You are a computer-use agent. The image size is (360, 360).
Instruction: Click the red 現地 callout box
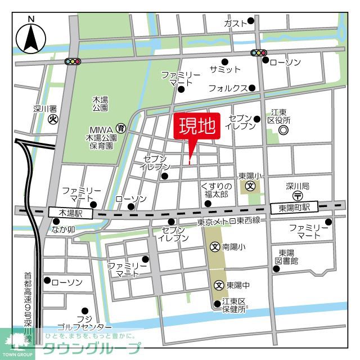[x=197, y=127]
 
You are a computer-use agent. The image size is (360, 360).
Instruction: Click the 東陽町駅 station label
[x=294, y=208]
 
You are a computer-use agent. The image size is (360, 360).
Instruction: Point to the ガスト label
[x=235, y=23]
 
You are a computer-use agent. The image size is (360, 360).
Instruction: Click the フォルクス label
[x=228, y=88]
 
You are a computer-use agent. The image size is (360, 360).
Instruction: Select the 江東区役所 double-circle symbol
[x=283, y=130]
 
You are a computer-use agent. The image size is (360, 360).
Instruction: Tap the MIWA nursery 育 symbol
[x=120, y=128]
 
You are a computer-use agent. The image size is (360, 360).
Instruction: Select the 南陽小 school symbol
[x=215, y=246]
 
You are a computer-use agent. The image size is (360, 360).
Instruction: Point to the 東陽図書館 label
[x=287, y=257]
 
